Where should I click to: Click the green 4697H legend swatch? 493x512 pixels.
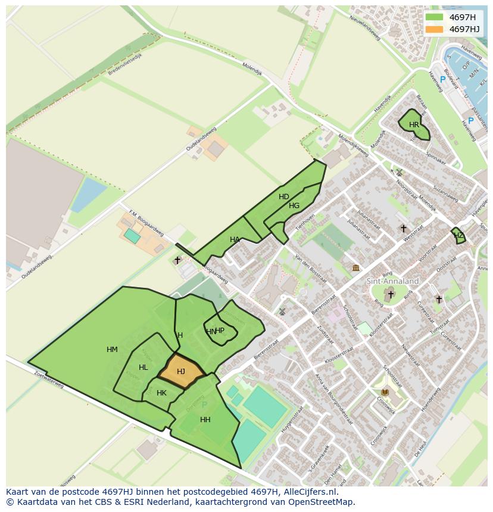click(434, 17)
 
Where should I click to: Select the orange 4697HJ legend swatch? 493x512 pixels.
click(434, 29)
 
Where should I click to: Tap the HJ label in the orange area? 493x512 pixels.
click(181, 372)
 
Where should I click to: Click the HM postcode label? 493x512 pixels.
click(112, 350)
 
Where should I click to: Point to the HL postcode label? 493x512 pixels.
click(143, 367)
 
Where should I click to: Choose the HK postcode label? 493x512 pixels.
click(161, 393)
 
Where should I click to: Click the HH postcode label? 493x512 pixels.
click(205, 420)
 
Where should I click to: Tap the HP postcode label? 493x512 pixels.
click(220, 331)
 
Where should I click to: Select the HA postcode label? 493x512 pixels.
click(235, 240)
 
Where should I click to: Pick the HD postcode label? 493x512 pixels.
click(283, 197)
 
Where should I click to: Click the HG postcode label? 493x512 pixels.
click(294, 206)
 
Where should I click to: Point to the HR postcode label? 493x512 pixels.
click(414, 125)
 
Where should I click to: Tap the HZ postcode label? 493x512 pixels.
click(458, 235)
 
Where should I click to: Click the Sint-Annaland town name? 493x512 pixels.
click(392, 281)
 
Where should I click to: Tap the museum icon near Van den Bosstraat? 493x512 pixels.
click(355, 268)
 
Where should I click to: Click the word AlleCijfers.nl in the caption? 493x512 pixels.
click(310, 492)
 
